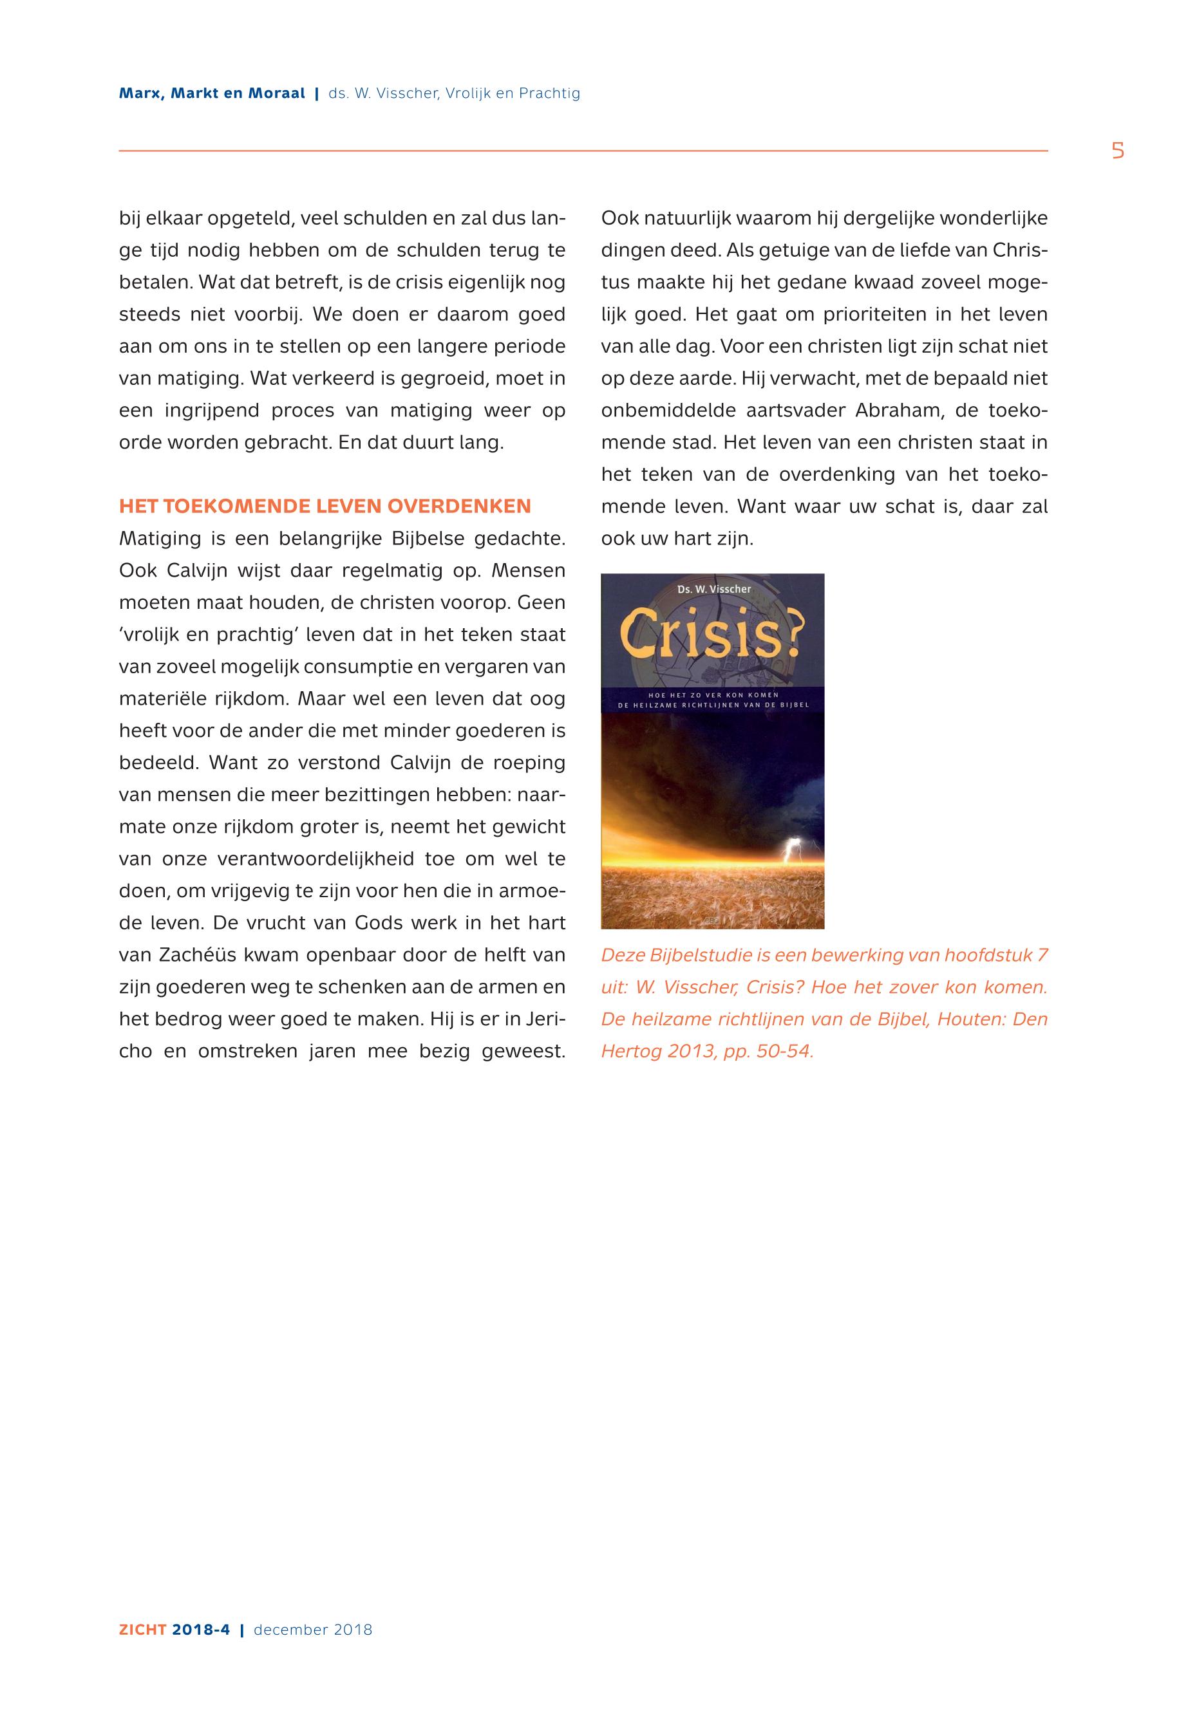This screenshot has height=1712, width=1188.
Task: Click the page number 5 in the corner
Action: coord(1117,151)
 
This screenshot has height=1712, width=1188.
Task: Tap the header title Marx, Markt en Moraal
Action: coord(212,94)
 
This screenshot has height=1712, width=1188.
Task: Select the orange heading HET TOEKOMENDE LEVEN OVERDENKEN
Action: coord(325,507)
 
